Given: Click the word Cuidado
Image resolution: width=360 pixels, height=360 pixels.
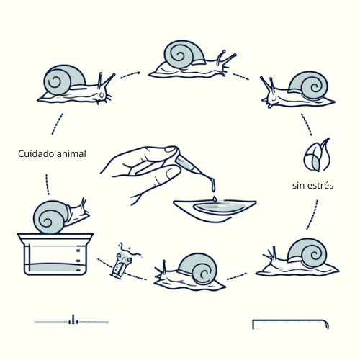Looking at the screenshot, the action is [35, 153].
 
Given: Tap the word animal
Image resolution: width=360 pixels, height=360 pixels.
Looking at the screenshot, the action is [71, 153].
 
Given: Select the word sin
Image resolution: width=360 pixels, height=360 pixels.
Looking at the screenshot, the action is [297, 186].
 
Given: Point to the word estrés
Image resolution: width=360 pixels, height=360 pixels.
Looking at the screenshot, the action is [320, 186].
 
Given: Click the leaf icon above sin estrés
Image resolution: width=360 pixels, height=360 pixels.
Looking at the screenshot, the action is [317, 155].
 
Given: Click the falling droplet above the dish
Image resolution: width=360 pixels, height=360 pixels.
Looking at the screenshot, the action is [215, 198].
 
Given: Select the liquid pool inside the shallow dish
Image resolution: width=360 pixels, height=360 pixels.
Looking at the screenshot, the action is [222, 207].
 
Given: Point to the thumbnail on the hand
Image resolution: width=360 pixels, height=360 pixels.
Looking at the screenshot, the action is [171, 150].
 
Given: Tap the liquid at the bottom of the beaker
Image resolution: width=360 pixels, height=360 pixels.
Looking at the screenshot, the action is [55, 268].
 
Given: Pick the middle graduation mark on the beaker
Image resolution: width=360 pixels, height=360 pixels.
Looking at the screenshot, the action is [78, 261].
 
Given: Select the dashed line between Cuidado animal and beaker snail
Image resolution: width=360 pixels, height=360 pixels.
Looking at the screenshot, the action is [48, 184].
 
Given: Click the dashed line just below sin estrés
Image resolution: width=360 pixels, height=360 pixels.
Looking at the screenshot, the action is [312, 215].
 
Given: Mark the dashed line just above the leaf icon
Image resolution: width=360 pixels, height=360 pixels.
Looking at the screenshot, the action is [307, 125].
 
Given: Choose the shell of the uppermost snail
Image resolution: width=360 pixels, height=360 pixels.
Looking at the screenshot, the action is [184, 55].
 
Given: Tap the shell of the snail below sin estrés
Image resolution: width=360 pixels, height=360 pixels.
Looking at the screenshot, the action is [307, 253].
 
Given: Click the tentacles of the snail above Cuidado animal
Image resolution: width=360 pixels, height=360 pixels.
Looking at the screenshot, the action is [106, 81].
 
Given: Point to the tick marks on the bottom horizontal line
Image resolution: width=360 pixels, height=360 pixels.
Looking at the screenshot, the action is [73, 320].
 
